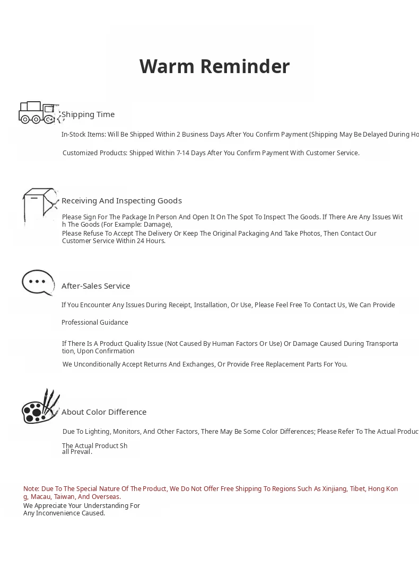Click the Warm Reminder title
pyautogui.click(x=214, y=67)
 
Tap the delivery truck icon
pyautogui.click(x=38, y=112)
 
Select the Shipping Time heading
pyautogui.click(x=88, y=114)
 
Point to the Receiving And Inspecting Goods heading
pyautogui.click(x=121, y=201)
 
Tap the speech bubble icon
pyautogui.click(x=38, y=282)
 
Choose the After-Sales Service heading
pyautogui.click(x=95, y=286)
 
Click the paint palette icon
pyautogui.click(x=40, y=407)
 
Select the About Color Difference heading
pyautogui.click(x=104, y=412)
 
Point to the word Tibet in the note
pyautogui.click(x=357, y=489)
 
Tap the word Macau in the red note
pyautogui.click(x=40, y=497)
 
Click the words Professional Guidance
pyautogui.click(x=94, y=323)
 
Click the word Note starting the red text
pyautogui.click(x=31, y=489)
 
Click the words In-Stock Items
pyautogui.click(x=83, y=135)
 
